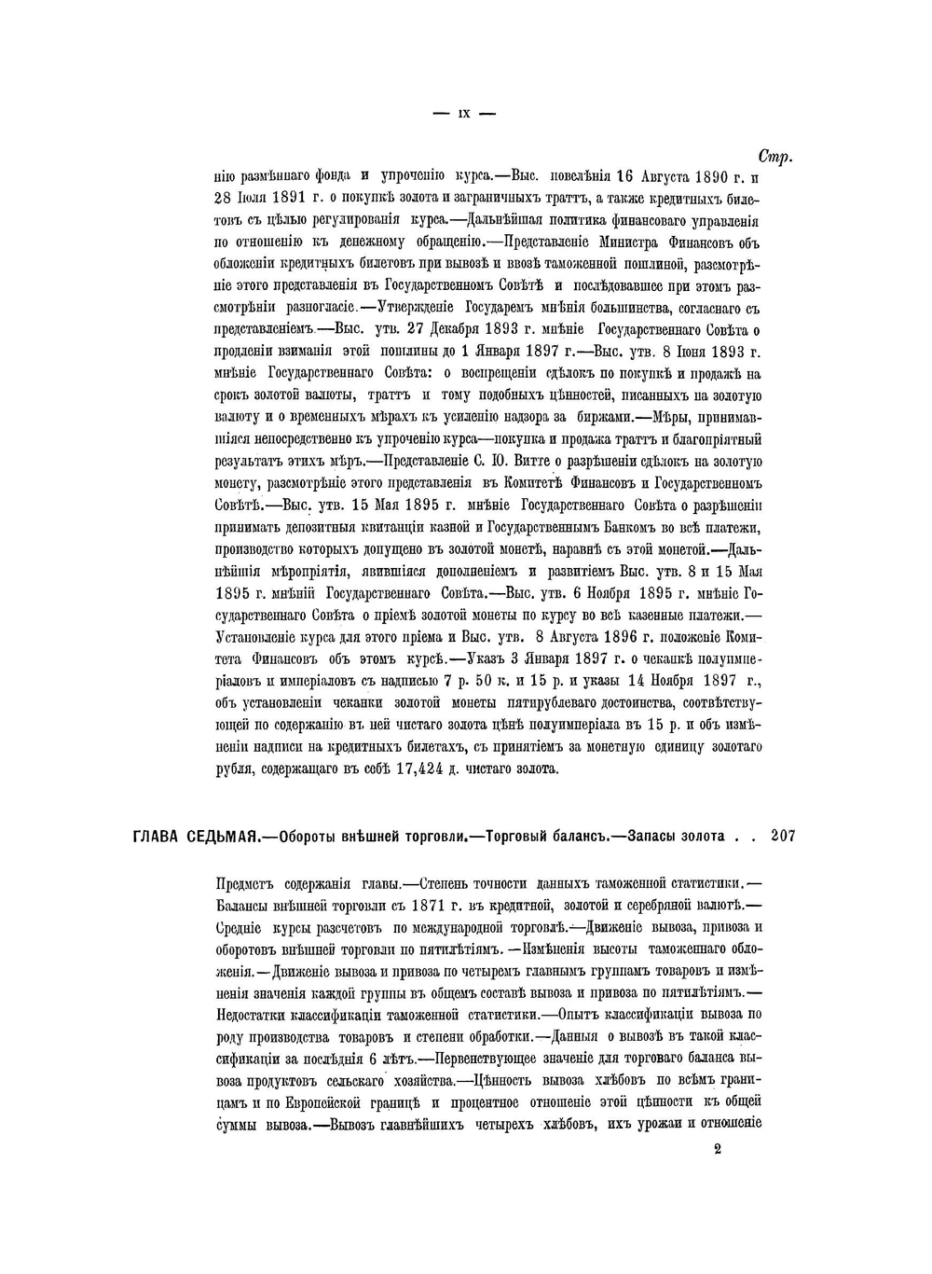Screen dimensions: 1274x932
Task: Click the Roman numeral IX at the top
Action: pos(463,114)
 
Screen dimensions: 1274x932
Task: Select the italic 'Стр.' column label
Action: pos(774,157)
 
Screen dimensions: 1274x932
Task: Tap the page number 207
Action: pos(783,837)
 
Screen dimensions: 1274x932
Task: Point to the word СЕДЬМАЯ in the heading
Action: pos(222,838)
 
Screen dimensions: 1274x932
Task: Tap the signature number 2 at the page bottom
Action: pos(718,1150)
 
